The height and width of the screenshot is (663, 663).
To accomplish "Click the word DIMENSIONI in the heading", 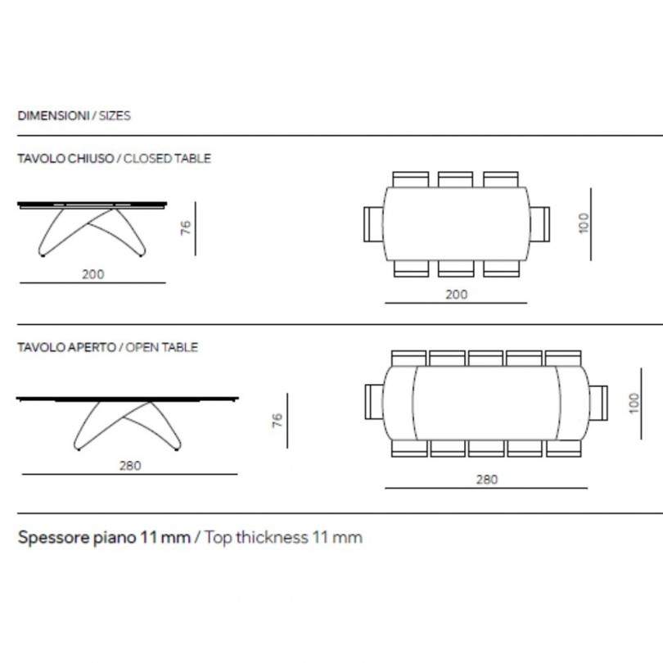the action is point(53,115).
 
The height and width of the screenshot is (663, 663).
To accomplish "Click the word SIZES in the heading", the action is point(115,115).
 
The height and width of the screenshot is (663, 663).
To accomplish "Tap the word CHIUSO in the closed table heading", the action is point(91,159).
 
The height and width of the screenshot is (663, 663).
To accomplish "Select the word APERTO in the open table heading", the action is point(92,347).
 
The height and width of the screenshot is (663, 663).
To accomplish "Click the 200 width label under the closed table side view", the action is point(93,274).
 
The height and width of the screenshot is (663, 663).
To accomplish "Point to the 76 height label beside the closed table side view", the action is point(186,228).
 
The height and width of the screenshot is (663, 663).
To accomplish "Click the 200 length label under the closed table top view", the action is point(457,295).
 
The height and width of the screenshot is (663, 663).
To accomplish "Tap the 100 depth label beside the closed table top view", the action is point(584,223).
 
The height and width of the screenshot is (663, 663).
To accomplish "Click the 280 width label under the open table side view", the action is point(130,466).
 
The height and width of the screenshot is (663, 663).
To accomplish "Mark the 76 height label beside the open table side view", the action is point(277,420).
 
